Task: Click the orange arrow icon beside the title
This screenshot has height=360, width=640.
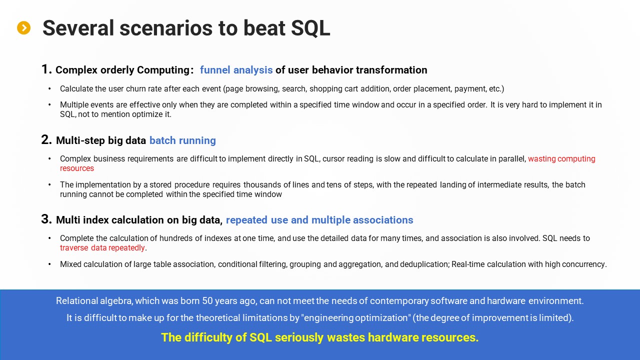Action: pyautogui.click(x=23, y=27)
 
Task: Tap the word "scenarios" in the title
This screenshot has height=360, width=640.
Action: pyautogui.click(x=166, y=28)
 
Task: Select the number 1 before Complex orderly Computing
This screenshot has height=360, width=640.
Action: pyautogui.click(x=45, y=69)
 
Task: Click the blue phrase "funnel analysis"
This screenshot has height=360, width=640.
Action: pyautogui.click(x=236, y=70)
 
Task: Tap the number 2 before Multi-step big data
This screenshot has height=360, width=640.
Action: pyautogui.click(x=45, y=139)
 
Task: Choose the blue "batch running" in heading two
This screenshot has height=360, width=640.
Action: pyautogui.click(x=182, y=140)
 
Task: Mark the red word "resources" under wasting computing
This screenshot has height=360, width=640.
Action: pyautogui.click(x=77, y=168)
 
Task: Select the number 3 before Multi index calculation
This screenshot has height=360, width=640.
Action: pyautogui.click(x=46, y=219)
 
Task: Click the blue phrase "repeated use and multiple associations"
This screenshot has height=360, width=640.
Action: pyautogui.click(x=319, y=220)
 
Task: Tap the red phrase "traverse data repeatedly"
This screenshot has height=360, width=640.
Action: pyautogui.click(x=102, y=247)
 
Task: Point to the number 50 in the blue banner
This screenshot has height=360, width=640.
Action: pyautogui.click(x=207, y=300)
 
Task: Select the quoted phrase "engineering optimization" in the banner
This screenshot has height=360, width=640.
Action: pyautogui.click(x=356, y=317)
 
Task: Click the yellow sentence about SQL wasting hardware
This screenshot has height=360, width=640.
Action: pyautogui.click(x=319, y=337)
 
